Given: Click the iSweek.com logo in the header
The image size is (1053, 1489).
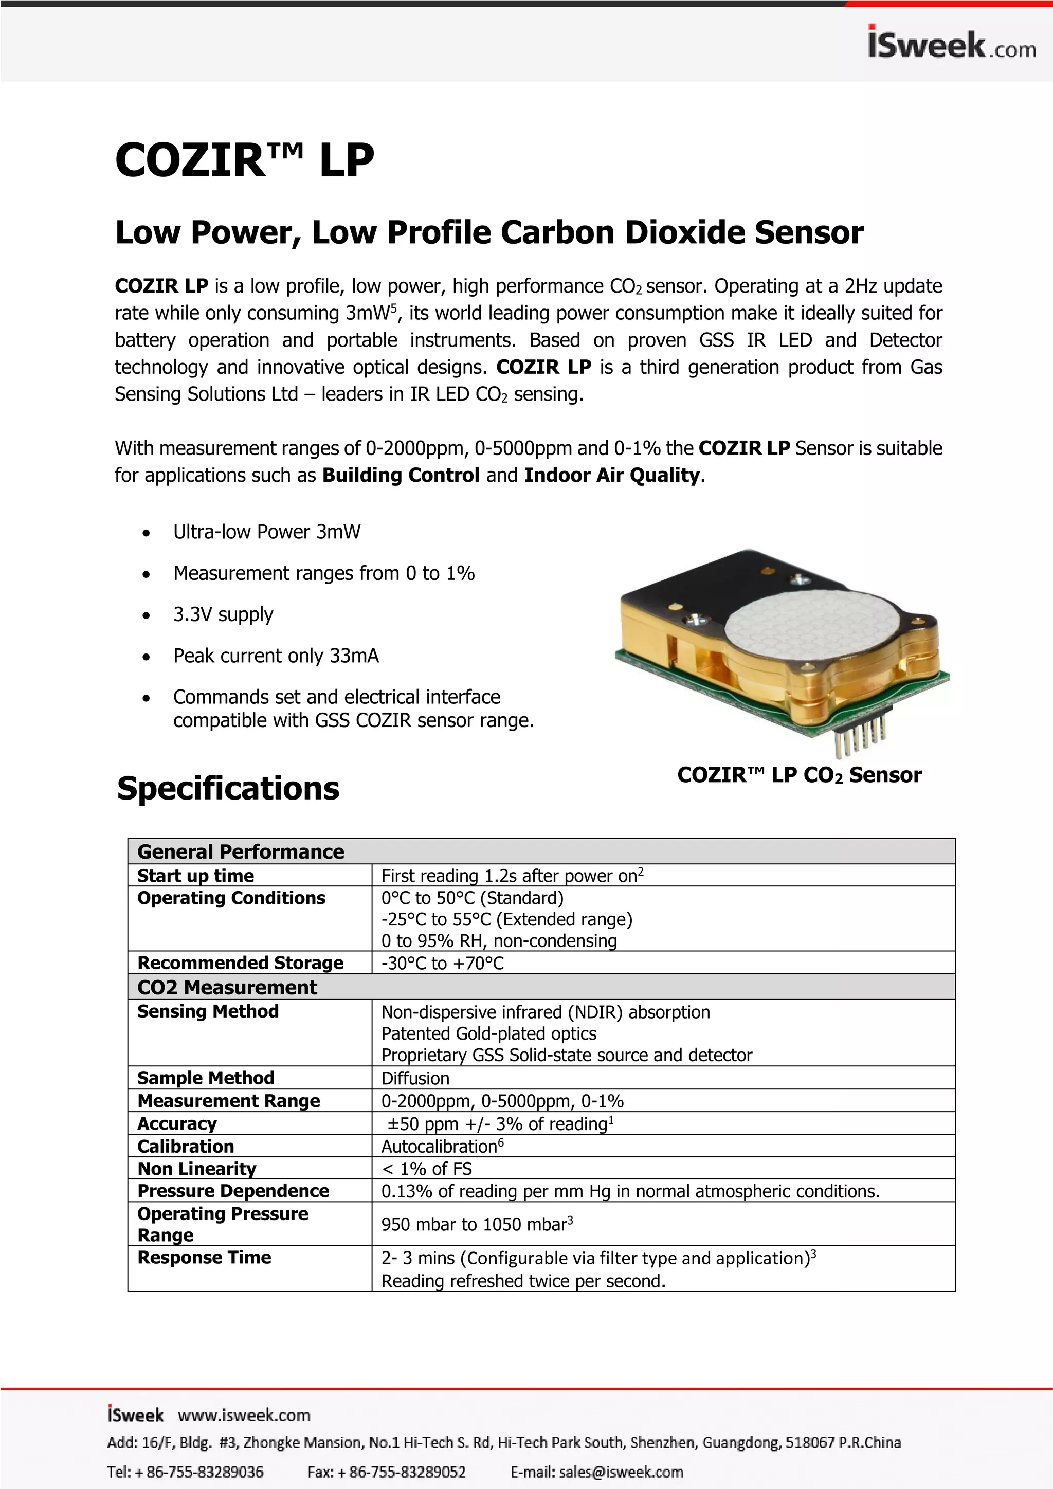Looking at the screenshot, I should tap(951, 44).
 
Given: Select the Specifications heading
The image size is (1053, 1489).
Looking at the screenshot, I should tap(228, 789).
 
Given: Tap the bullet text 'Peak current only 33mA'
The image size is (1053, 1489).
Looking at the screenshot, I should tap(276, 656).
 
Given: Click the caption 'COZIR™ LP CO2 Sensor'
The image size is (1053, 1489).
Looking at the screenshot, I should tap(799, 775).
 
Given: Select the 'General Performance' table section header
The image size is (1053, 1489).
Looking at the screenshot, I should tap(241, 851).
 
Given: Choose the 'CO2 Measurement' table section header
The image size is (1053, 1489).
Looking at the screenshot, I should tap(227, 987).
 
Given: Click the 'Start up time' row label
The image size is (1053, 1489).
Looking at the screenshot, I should tap(195, 876).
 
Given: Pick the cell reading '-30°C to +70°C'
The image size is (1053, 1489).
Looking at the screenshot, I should tap(442, 963).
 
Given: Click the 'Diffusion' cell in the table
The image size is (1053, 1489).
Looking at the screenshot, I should tap(415, 1079).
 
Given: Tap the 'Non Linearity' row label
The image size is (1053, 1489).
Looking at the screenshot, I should tap(196, 1169).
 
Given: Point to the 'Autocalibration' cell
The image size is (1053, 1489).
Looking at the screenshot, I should tap(442, 1147).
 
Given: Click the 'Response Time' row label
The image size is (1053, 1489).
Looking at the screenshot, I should tap(204, 1258).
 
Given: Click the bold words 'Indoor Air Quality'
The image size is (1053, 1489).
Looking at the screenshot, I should tap(612, 476).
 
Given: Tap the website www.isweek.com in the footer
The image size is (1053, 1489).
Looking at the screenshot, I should tap(244, 1415).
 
